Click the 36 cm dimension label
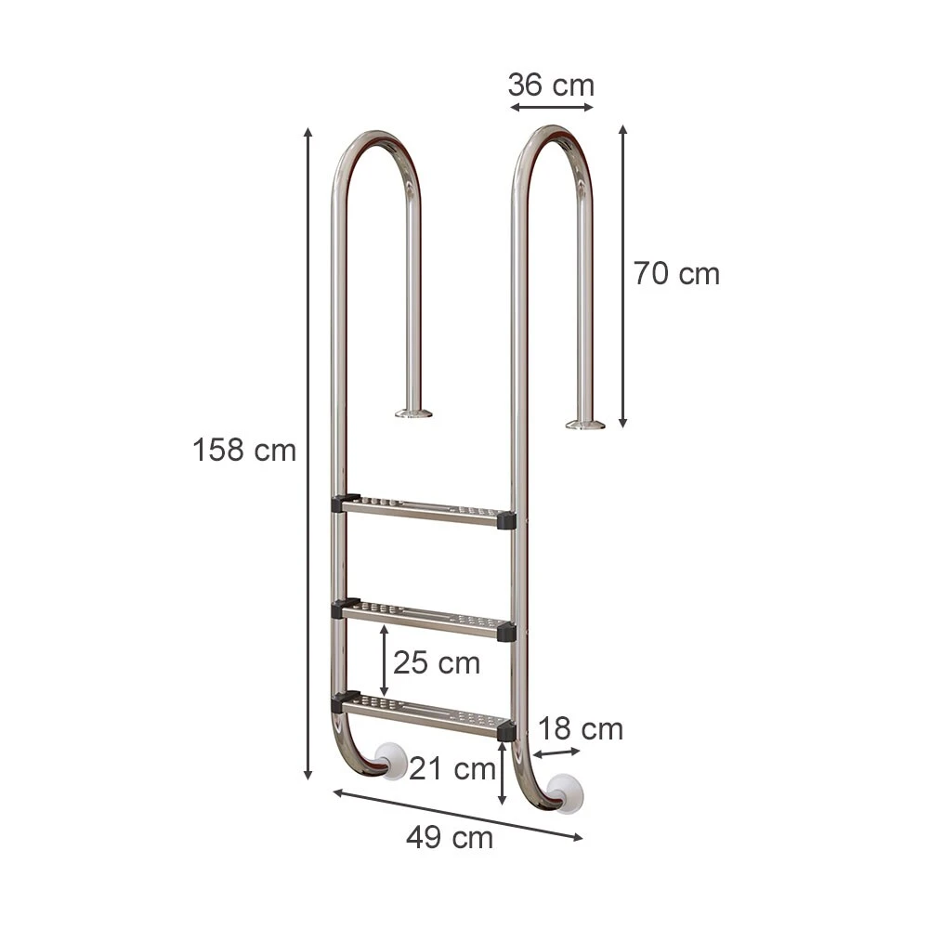[x=550, y=85]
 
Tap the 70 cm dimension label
[x=676, y=274]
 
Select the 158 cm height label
[x=244, y=451]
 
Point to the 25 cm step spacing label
[x=437, y=663]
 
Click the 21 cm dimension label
[x=452, y=769]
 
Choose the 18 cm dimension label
[x=581, y=729]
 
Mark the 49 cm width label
[x=450, y=838]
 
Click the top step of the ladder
[x=423, y=510]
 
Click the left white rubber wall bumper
[x=394, y=762]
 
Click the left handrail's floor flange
[x=413, y=412]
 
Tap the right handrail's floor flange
[x=585, y=425]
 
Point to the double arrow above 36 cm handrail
[x=551, y=108]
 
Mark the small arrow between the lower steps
[x=384, y=654]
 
